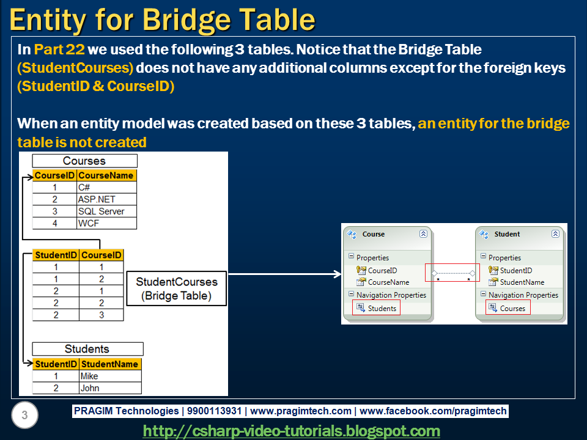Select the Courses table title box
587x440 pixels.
tap(84, 161)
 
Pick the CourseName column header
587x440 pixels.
tap(106, 175)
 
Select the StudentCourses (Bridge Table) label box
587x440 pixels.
tap(176, 289)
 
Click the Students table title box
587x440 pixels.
tap(87, 349)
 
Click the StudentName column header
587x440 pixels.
tap(110, 364)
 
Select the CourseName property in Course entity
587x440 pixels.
tap(388, 282)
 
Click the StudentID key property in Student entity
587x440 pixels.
tap(515, 270)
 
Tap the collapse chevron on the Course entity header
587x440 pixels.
tap(423, 234)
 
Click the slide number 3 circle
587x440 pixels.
tap(24, 416)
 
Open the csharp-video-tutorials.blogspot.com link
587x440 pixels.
tap(291, 431)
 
